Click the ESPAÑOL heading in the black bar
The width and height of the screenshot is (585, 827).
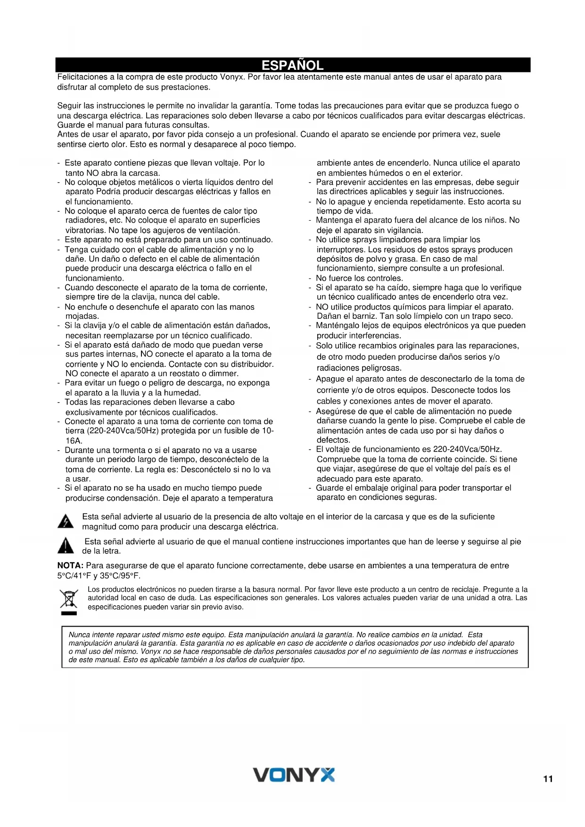(292, 65)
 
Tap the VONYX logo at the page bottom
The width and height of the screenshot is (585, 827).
(294, 775)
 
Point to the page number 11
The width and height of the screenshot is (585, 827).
(548, 779)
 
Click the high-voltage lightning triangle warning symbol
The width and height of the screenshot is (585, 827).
(66, 522)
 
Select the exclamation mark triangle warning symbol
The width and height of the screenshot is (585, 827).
(66, 546)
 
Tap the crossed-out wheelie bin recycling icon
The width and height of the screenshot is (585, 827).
(68, 600)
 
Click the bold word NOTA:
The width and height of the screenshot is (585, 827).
(70, 565)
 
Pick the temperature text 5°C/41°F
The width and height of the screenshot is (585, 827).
(74, 576)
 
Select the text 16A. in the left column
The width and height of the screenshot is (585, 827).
(74, 441)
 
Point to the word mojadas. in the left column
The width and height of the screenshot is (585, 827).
(82, 316)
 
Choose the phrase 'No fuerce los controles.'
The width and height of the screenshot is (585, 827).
(359, 278)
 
